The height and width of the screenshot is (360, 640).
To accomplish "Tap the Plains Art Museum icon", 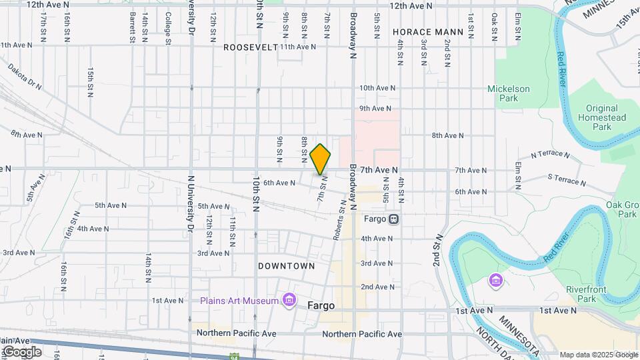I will click(x=289, y=301).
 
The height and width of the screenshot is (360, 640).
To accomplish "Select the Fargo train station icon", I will click(x=394, y=218).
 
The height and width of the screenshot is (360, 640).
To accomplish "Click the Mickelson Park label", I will click(x=508, y=93).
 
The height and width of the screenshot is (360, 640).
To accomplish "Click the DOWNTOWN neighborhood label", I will click(x=287, y=266).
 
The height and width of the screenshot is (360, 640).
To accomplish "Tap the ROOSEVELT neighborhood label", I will click(x=250, y=47).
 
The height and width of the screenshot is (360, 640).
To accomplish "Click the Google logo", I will click(x=21, y=351).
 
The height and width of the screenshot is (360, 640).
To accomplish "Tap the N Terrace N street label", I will click(x=550, y=155).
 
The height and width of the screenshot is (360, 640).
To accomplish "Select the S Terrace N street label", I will click(x=566, y=180).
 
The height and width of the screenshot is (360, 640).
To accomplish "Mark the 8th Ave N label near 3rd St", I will click(x=447, y=135).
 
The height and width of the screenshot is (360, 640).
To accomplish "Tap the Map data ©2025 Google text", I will click(x=597, y=355).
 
